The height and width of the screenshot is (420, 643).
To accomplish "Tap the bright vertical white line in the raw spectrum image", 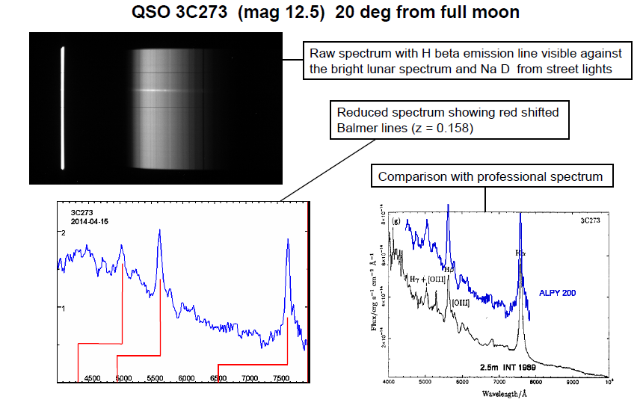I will pyautogui.click(x=63, y=108).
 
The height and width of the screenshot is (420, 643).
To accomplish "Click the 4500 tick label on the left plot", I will pyautogui.click(x=93, y=379).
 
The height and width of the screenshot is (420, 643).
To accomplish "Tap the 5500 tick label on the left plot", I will pyautogui.click(x=156, y=379).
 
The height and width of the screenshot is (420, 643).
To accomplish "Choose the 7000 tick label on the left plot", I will pyautogui.click(x=250, y=379).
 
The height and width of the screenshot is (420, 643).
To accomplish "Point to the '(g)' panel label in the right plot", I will pyautogui.click(x=396, y=220).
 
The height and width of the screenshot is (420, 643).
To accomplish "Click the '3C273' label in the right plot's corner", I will pyautogui.click(x=591, y=221).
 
